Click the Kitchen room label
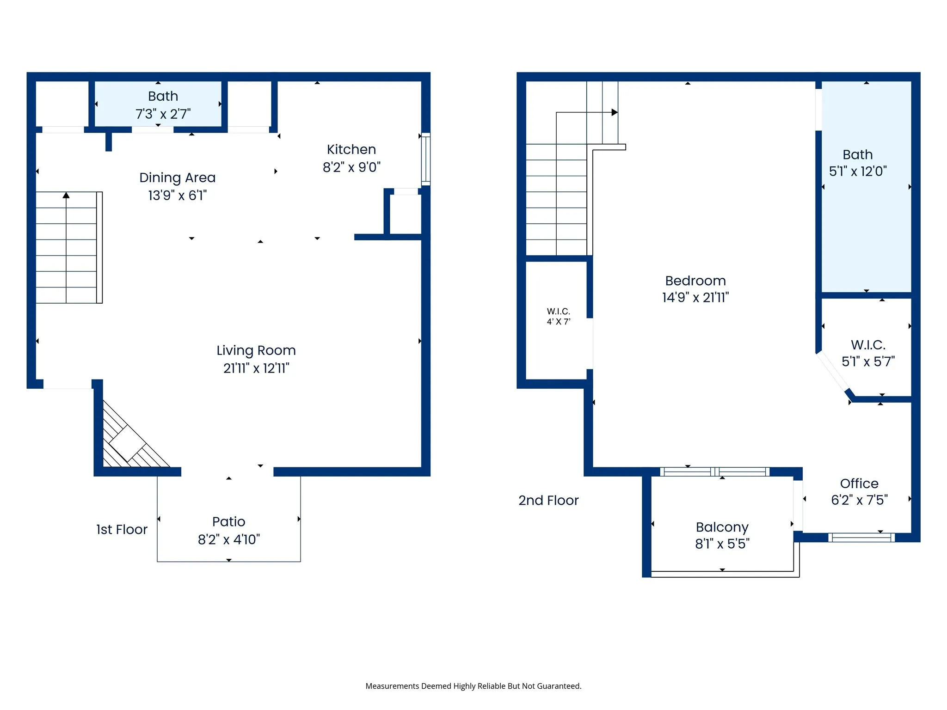tap(351, 149)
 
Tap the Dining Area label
tap(178, 178)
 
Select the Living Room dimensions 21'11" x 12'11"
tap(256, 368)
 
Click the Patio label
tap(229, 522)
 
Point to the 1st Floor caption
tap(122, 530)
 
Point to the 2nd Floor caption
tap(548, 501)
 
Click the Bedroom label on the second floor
tap(695, 281)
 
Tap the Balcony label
tap(722, 527)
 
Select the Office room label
tap(859, 484)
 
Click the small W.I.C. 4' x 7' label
tap(559, 317)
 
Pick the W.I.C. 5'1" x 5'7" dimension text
tap(868, 361)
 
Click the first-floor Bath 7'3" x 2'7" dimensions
tap(163, 114)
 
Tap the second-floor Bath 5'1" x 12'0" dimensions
tap(858, 171)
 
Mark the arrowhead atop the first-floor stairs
tap(66, 196)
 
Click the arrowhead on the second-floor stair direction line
tap(615, 112)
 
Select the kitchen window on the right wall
tap(426, 159)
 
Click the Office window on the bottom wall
tap(861, 538)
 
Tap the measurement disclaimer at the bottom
tap(473, 686)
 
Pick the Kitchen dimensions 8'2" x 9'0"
tap(351, 167)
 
